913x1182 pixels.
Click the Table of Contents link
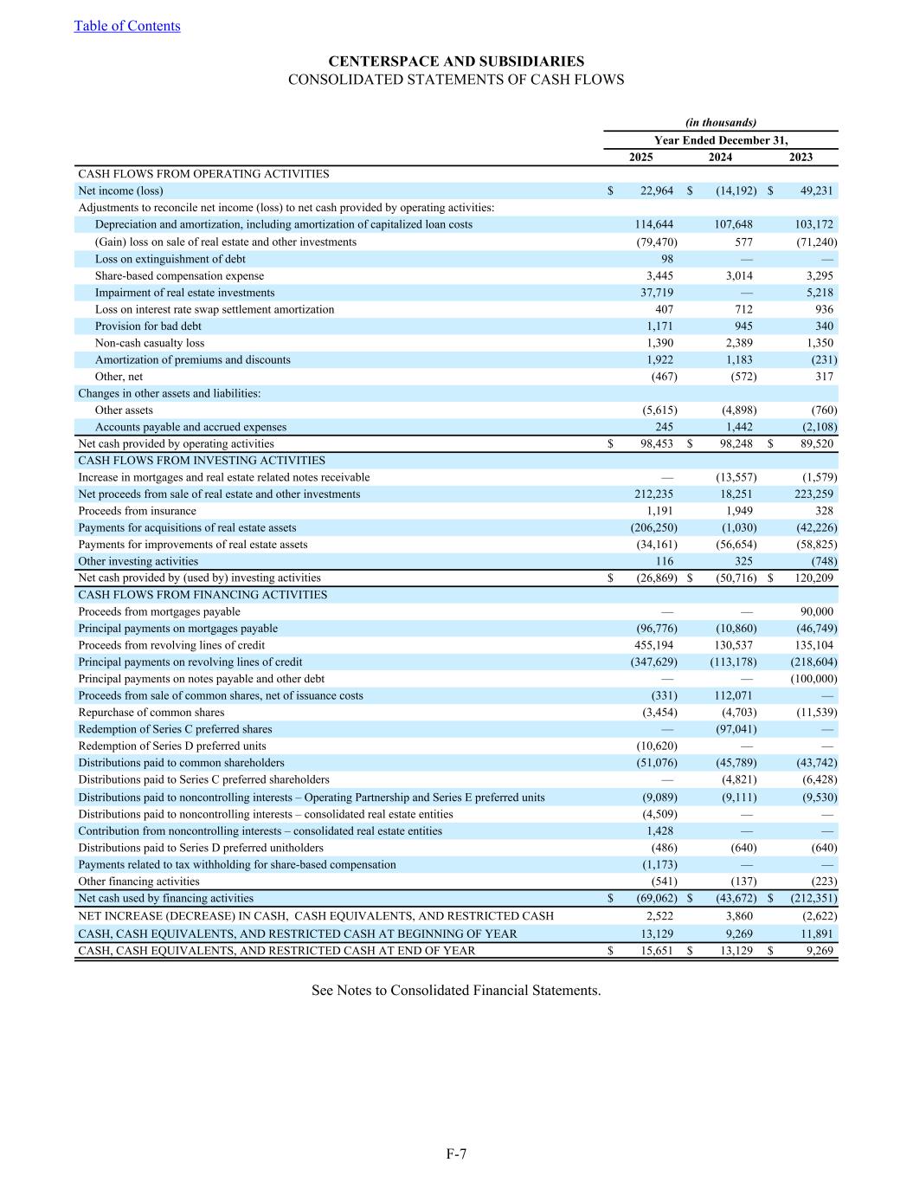click(x=127, y=26)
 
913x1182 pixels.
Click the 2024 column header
click(x=720, y=157)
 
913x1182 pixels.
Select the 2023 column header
click(x=800, y=157)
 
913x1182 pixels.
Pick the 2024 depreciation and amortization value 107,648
click(x=731, y=224)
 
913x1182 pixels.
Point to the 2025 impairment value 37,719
click(x=655, y=293)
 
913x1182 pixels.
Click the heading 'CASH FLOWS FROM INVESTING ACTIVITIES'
click(x=202, y=461)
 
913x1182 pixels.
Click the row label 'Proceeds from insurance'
click(x=137, y=511)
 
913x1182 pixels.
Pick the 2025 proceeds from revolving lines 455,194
click(x=654, y=645)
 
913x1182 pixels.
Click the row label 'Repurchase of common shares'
click(x=151, y=713)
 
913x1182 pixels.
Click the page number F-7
click(x=456, y=1153)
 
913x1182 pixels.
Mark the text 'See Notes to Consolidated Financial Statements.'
click(x=456, y=990)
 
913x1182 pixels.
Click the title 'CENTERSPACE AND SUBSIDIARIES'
click(x=456, y=61)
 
